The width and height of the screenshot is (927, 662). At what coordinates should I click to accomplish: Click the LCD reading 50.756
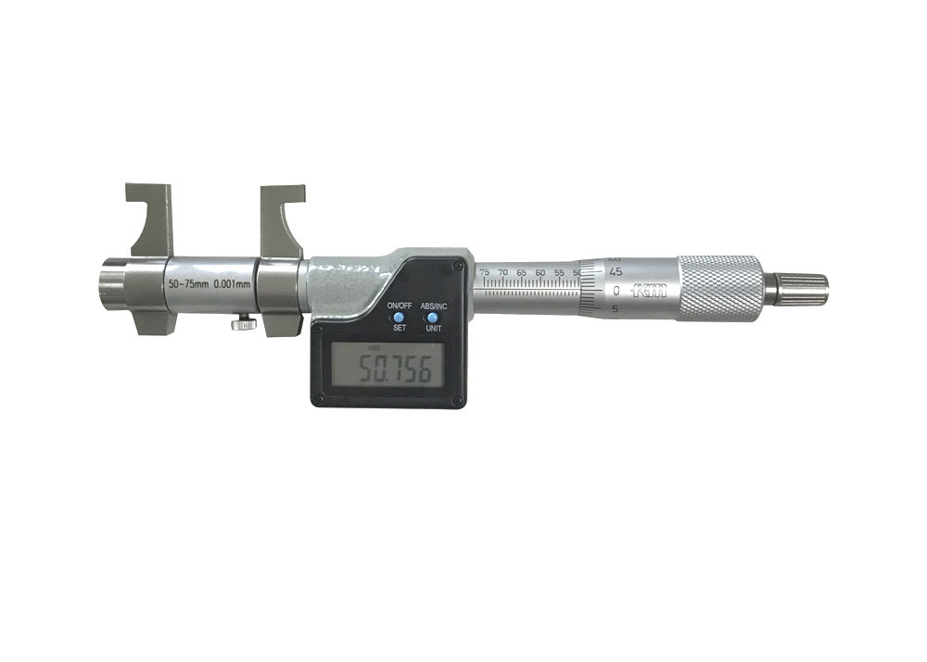pos(388,370)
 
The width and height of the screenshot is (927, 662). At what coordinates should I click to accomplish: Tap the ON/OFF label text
pos(399,306)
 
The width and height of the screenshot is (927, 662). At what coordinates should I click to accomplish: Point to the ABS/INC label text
pos(434,306)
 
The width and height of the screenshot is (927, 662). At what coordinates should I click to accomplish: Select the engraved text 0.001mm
pos(230,284)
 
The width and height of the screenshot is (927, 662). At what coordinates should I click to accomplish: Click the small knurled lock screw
pos(244,323)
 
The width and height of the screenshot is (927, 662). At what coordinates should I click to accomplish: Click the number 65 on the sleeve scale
pos(522,273)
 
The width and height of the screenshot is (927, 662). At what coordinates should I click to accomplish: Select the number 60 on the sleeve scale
pos(540,273)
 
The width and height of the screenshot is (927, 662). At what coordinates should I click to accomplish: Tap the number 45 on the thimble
pos(615,271)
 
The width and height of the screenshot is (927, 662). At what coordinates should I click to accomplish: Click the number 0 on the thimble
pos(616,291)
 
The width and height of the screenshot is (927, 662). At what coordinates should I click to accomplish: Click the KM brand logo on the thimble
pos(649,291)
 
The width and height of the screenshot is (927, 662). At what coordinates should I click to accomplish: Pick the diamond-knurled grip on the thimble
pos(719,288)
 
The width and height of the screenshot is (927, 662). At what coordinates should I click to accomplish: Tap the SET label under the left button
pos(399,328)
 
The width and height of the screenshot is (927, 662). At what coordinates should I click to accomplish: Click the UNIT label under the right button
pos(433,328)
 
